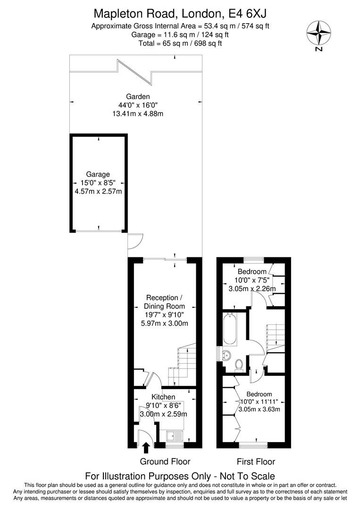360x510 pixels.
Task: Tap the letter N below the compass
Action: point(319,48)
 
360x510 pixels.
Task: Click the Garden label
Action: point(134,97)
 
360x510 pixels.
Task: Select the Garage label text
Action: point(98,174)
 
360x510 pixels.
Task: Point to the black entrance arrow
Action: point(146,447)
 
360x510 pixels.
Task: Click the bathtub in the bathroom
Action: point(230,329)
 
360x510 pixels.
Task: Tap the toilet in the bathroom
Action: point(239,364)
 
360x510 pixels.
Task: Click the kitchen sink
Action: point(173,434)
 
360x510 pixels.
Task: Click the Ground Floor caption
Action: point(165,461)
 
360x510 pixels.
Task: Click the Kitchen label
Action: point(163,397)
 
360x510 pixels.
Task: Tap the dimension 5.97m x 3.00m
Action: point(165,323)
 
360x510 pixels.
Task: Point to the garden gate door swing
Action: point(134,240)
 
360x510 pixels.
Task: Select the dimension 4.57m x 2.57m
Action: point(98,191)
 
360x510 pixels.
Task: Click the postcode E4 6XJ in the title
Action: point(245,13)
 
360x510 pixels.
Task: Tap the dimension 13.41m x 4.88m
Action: point(134,114)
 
